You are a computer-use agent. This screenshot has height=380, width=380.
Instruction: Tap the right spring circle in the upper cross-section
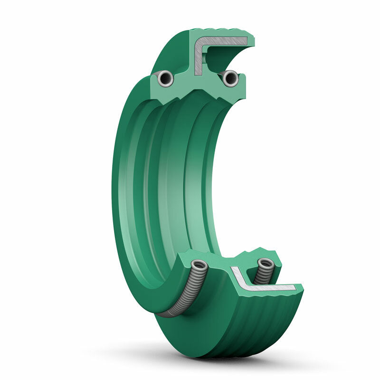(230, 78)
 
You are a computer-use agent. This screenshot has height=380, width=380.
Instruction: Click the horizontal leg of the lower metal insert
(271, 287)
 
